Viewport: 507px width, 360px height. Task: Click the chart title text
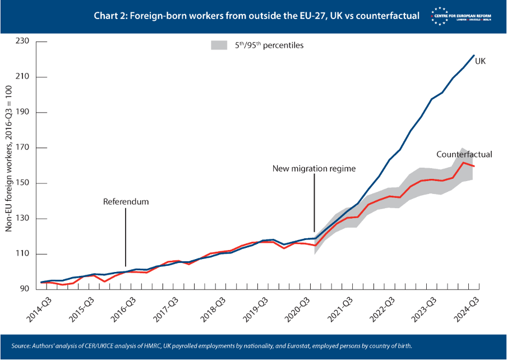[x=257, y=16]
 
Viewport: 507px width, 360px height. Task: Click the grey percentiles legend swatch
[x=219, y=45]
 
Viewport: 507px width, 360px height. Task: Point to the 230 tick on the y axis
[x=22, y=41]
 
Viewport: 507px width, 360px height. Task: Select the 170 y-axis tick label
[x=22, y=148]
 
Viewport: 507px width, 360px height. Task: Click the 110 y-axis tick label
[x=22, y=254]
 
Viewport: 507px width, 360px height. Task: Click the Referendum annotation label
[x=126, y=201]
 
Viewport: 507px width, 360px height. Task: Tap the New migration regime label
[x=314, y=168]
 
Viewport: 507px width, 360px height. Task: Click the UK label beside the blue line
[x=480, y=61]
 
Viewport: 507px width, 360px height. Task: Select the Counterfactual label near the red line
[x=464, y=154]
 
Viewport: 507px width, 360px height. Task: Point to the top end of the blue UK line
[x=474, y=56]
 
